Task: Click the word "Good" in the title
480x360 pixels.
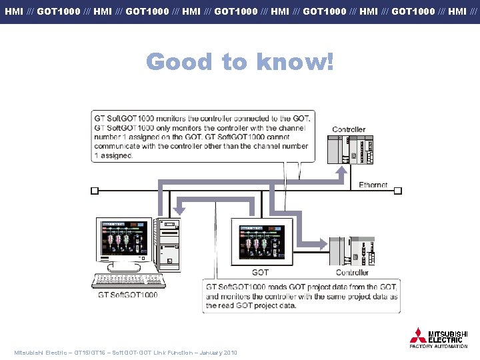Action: pos(180,62)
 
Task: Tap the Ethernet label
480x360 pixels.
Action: pos(373,185)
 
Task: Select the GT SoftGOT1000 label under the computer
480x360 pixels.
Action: pos(128,295)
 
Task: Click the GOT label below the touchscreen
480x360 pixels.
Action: pos(261,272)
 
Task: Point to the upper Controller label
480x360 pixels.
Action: pos(349,129)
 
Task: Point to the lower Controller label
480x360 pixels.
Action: pos(352,272)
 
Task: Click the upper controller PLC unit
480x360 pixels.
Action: pos(351,149)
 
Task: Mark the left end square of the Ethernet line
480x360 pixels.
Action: pos(94,190)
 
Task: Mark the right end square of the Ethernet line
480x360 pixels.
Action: pos(398,190)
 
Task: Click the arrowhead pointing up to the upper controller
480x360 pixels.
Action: pos(341,170)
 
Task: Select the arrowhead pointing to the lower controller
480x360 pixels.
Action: pos(324,242)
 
